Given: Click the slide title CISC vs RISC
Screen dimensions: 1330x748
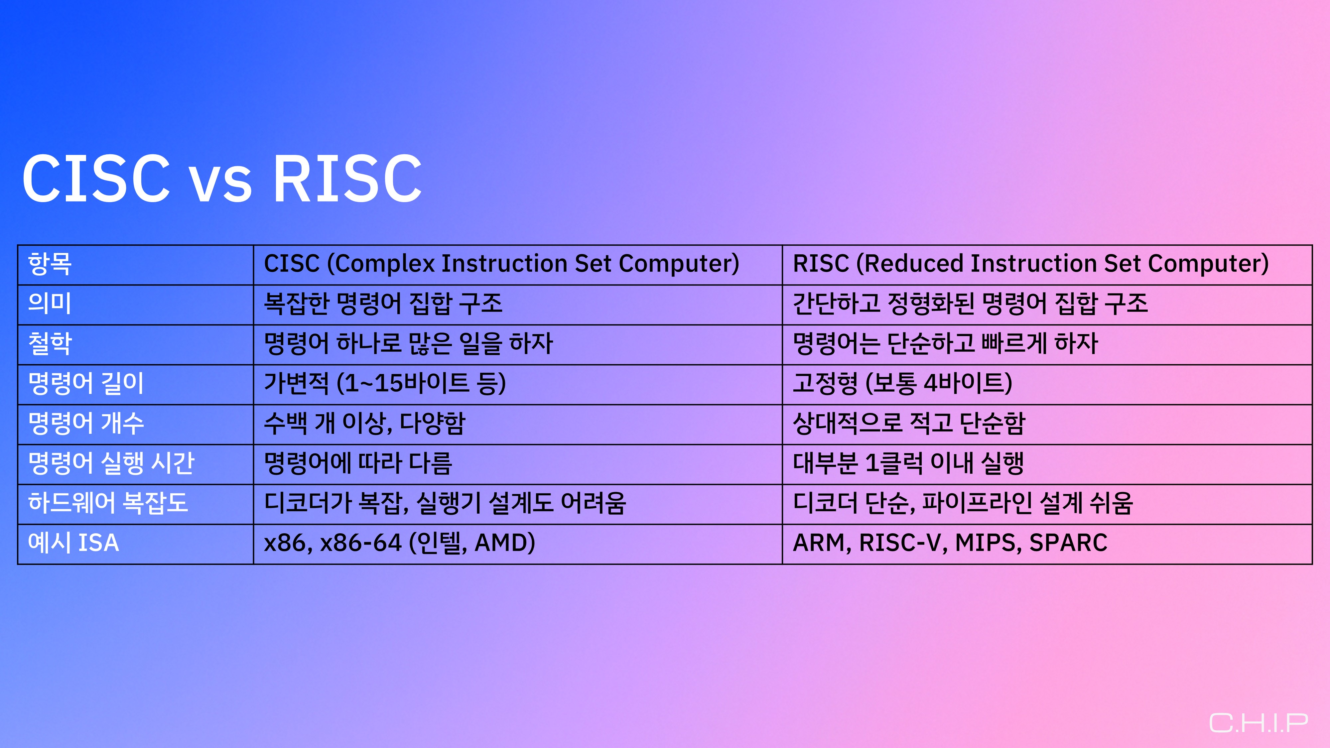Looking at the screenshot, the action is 222,178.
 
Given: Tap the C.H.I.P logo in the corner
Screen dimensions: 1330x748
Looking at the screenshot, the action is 1258,723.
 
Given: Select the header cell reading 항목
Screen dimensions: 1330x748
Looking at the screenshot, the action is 50,264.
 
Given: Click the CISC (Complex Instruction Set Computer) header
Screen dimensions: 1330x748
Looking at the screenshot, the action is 501,264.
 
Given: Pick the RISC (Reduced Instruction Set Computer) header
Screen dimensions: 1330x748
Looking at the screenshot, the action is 1030,264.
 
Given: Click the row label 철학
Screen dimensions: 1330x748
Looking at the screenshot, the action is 50,344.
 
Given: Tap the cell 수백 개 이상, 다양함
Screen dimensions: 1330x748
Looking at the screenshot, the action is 364,423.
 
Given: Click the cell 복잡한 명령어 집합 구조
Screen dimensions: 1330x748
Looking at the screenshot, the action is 383,304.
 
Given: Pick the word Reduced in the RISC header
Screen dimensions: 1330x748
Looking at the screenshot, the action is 913,264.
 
